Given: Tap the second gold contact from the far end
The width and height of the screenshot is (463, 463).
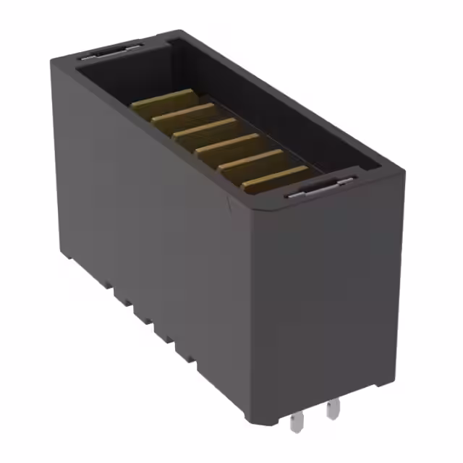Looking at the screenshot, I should pyautogui.click(x=185, y=114).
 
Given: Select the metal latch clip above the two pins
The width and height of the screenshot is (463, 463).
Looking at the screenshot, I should pyautogui.click(x=318, y=189).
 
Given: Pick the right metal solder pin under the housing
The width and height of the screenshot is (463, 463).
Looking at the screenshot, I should pyautogui.click(x=332, y=410).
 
